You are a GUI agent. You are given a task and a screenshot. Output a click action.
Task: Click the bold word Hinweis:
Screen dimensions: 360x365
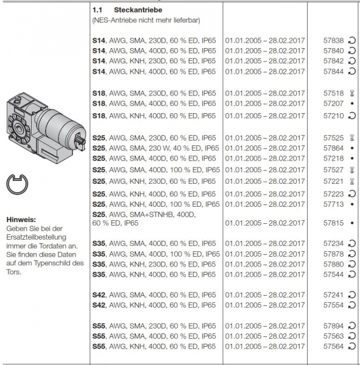click(x=21, y=219)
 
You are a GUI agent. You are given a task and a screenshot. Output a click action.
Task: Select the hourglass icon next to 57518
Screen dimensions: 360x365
click(x=353, y=94)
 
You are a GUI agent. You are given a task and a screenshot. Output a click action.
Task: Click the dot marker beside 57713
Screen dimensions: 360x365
click(x=353, y=204)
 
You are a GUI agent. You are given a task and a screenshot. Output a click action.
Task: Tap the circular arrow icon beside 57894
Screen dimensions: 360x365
click(x=353, y=325)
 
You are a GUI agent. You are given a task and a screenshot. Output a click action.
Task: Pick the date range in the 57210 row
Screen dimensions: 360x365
click(x=265, y=116)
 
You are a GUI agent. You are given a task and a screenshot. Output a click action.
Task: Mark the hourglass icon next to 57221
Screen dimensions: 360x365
click(x=353, y=182)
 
